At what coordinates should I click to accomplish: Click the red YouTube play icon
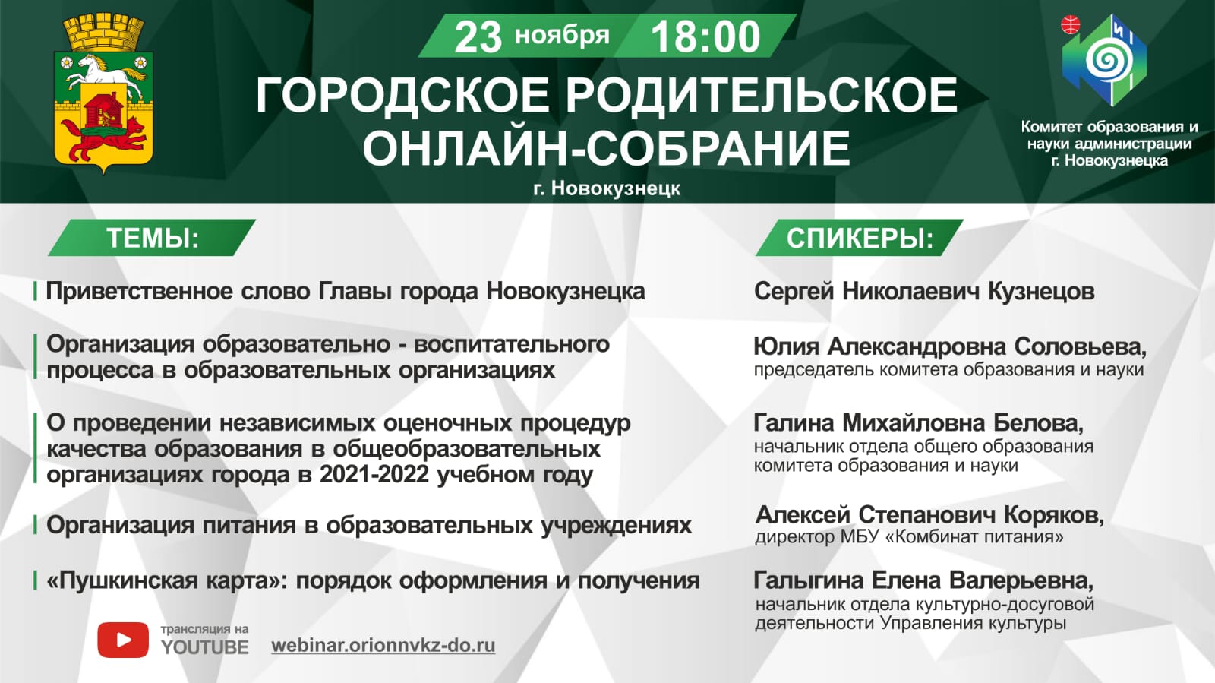(x=123, y=640)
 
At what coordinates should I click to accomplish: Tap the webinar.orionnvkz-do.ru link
(x=383, y=645)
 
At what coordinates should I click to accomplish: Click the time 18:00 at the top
(x=705, y=37)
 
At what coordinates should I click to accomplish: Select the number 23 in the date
(x=478, y=37)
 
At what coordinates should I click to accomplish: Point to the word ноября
(x=562, y=36)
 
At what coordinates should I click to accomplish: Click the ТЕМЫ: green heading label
(x=152, y=238)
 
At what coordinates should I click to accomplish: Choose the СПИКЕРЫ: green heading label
(x=860, y=238)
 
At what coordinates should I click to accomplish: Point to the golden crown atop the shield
(x=103, y=33)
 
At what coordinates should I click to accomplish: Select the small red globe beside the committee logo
(x=1070, y=24)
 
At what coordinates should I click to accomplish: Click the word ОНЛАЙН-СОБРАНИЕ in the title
(x=606, y=148)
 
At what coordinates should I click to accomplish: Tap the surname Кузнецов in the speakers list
(x=1041, y=292)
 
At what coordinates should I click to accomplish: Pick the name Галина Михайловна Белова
(x=918, y=423)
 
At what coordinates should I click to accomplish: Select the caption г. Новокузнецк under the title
(x=607, y=188)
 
